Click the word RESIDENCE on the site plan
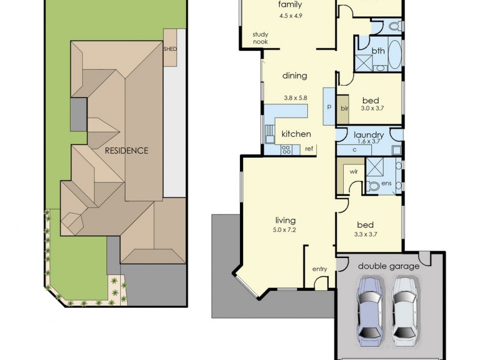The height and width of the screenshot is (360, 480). (127, 150)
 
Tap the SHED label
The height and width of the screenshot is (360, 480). (170, 49)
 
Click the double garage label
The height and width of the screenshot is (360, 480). (389, 266)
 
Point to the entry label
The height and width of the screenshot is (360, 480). (320, 269)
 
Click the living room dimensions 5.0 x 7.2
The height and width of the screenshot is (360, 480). (286, 230)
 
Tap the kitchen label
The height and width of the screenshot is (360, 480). (296, 134)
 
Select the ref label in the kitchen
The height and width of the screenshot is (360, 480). (309, 148)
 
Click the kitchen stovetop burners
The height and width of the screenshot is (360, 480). (286, 149)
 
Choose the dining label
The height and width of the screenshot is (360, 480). (294, 76)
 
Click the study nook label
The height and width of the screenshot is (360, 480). (260, 38)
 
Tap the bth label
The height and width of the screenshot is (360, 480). (378, 51)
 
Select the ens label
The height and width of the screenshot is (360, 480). (386, 182)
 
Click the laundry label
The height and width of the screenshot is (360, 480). (368, 134)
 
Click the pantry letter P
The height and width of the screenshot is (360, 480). (329, 106)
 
